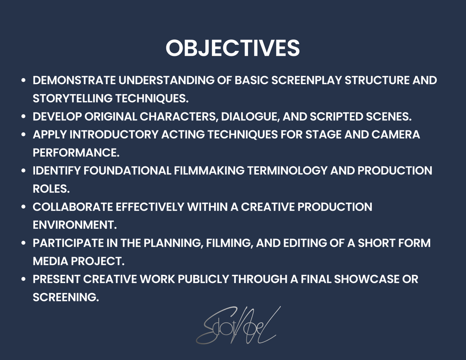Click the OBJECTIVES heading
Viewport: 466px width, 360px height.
click(233, 48)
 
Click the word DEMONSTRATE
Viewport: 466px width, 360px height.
click(74, 80)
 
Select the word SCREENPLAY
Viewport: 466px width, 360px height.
click(307, 80)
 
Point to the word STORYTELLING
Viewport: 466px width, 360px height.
click(73, 98)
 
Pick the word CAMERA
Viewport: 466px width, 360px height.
click(396, 135)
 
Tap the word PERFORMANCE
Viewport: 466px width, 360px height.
click(76, 153)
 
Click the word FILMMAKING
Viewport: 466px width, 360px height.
click(209, 171)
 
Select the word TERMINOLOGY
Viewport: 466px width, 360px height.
click(287, 171)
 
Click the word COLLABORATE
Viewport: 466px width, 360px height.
click(73, 207)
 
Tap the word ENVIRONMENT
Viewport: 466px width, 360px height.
click(75, 225)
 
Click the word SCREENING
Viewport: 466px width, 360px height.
click(66, 297)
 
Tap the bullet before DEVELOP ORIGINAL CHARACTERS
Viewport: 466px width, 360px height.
click(24, 116)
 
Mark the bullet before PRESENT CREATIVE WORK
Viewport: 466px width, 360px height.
click(24, 279)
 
